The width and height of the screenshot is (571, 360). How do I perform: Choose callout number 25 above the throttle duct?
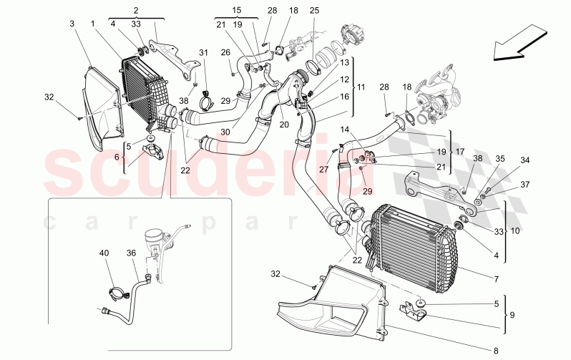point(315,10)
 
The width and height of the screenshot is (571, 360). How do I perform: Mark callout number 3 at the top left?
point(72,24)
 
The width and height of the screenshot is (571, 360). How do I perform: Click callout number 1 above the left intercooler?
point(93,24)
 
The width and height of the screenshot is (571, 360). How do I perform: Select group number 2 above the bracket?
point(136,9)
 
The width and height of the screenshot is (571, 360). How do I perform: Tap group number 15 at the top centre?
point(236,9)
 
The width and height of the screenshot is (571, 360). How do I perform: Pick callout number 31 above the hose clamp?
point(203,52)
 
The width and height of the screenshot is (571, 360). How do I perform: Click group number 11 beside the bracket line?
point(361,87)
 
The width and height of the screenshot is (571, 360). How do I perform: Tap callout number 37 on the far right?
point(525,185)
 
